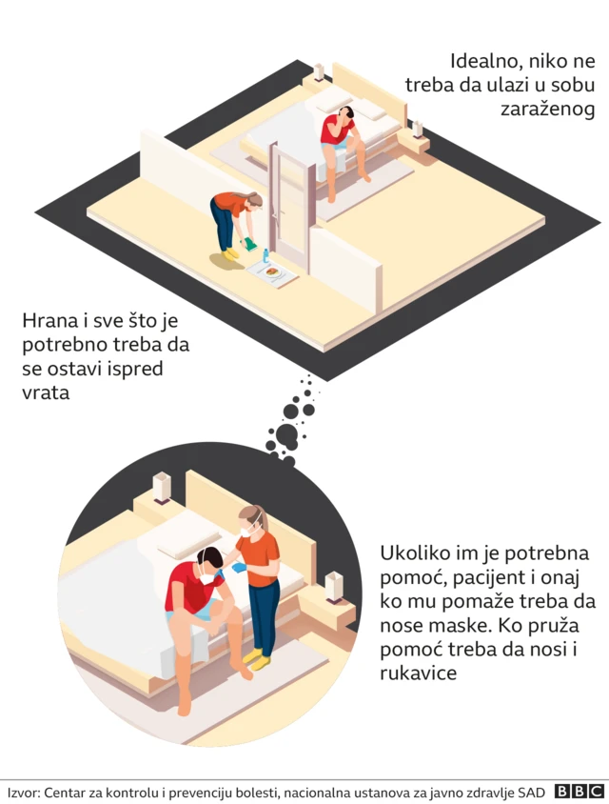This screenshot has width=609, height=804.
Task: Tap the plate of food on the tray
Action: (274, 272)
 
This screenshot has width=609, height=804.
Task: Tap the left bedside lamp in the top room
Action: (319, 71)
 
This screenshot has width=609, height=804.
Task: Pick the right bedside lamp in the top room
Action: (417, 129)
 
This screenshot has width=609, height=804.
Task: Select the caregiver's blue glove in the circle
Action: (237, 569)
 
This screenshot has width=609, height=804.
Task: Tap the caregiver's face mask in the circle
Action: (248, 530)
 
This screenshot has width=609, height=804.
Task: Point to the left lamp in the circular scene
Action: (161, 487)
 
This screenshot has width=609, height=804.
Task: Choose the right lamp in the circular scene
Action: (333, 585)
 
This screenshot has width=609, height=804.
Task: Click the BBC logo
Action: (580, 792)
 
